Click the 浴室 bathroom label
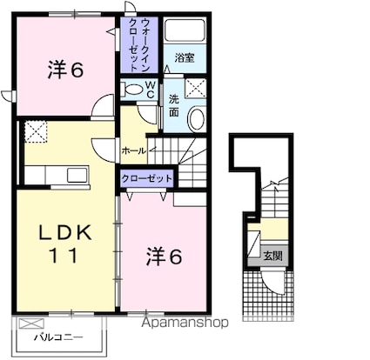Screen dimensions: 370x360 coord(185,58)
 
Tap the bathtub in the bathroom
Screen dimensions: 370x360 coord(185,30)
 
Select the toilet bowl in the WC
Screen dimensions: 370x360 coord(131,89)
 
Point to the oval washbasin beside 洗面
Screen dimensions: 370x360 coord(197,119)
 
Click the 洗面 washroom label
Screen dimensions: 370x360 coord(174,106)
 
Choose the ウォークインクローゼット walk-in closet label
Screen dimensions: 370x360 coord(139,45)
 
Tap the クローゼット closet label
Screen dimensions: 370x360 coord(146,178)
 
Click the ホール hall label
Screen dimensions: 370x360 coord(133,150)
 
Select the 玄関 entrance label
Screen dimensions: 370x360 coord(272,256)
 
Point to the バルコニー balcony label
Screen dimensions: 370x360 coord(59,337)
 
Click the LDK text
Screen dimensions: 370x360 coord(65,232)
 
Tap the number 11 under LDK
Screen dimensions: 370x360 coord(64,255)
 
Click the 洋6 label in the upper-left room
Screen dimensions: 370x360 coord(66,70)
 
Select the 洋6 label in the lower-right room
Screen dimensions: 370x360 coord(165,257)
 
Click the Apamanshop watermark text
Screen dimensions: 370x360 coord(185,323)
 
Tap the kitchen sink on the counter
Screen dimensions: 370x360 coord(77,175)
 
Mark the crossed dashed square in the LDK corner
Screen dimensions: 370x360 coord(36,131)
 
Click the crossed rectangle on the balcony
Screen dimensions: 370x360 coord(31,323)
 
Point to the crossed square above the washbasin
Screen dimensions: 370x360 coord(196,88)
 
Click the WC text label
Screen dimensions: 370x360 coord(151,90)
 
